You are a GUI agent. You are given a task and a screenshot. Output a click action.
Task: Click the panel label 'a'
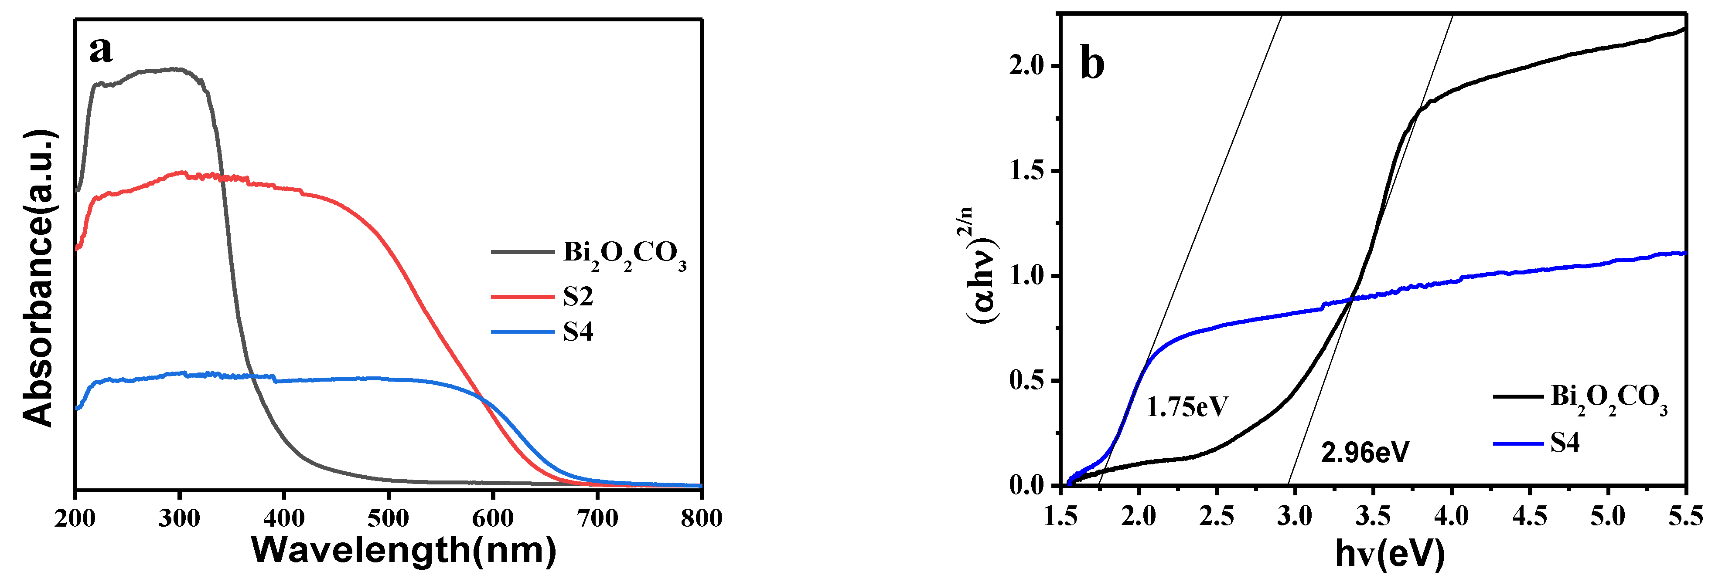click(101, 50)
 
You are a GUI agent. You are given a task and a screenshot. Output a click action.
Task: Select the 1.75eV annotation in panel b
click(1187, 406)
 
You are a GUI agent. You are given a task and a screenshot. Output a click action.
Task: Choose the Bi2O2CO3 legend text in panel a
click(624, 254)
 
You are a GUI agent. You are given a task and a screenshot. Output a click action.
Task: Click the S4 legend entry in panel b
click(1565, 442)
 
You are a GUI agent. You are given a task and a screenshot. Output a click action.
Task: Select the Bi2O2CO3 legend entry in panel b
click(1609, 398)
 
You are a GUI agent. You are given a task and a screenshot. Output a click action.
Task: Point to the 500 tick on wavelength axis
click(388, 518)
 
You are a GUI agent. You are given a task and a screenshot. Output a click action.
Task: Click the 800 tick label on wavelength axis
click(701, 518)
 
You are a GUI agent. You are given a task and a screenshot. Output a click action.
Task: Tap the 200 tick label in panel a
click(75, 518)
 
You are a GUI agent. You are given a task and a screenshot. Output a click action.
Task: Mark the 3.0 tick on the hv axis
click(1294, 515)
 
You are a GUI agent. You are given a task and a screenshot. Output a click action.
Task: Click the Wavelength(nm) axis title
click(403, 551)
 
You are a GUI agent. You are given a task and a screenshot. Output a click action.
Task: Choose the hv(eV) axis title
click(1390, 553)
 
